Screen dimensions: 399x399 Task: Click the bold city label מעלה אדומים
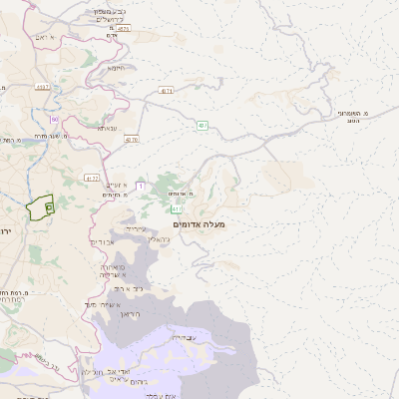pos(199,225)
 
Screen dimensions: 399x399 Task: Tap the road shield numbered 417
pos(177,209)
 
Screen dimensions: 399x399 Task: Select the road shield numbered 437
pos(202,125)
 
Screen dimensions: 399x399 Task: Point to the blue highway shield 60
pos(54,120)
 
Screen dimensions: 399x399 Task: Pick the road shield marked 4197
pos(42,88)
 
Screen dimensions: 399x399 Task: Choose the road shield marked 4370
pos(132,140)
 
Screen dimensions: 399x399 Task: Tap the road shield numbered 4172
pos(92,179)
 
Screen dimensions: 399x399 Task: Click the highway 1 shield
pos(141,186)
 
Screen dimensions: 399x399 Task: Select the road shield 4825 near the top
pos(123,29)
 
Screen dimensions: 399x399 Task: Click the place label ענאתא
pos(109,128)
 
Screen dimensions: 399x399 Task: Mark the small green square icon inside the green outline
pos(49,205)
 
